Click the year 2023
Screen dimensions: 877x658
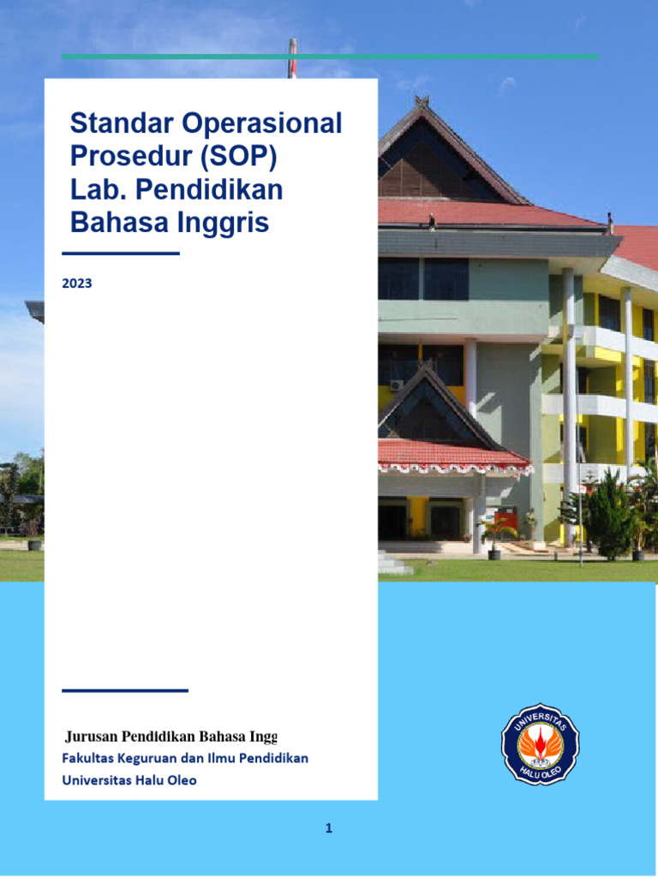pyautogui.click(x=77, y=283)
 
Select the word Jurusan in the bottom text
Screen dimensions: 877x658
pyautogui.click(x=92, y=736)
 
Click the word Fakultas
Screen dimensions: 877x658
pyautogui.click(x=89, y=758)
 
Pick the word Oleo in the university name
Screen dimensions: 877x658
pyautogui.click(x=181, y=780)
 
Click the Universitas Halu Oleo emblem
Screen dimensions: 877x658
pyautogui.click(x=540, y=743)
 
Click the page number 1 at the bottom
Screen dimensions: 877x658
pyautogui.click(x=329, y=828)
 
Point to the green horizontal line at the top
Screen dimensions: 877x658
pyautogui.click(x=329, y=57)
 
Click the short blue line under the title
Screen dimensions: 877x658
pyautogui.click(x=120, y=254)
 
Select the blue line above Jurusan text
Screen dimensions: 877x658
pyautogui.click(x=124, y=690)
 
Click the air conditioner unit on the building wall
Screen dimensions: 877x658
pyautogui.click(x=396, y=385)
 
